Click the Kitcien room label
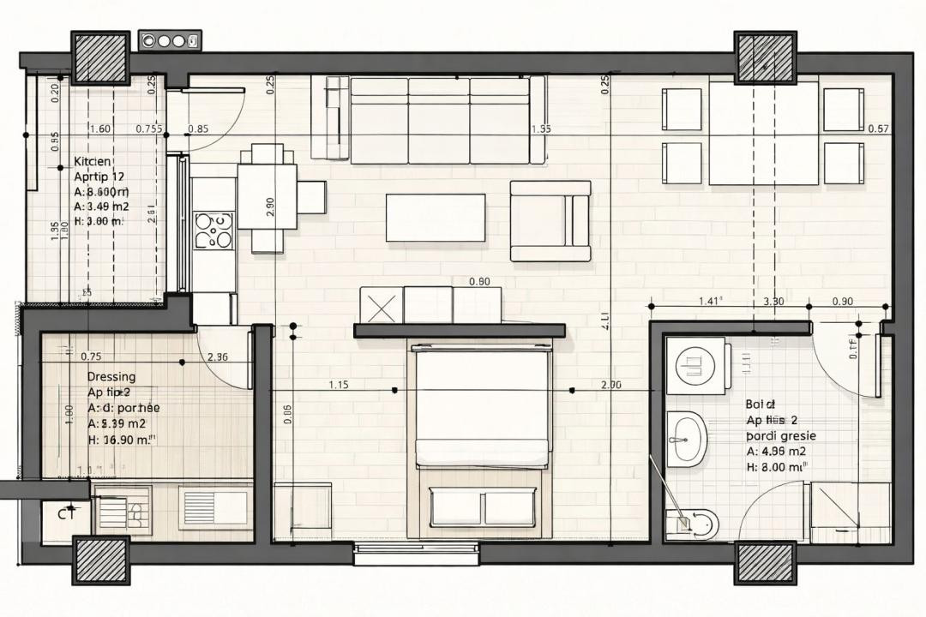click(x=93, y=161)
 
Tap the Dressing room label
click(x=111, y=376)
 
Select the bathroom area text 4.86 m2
click(x=776, y=452)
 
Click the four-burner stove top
click(x=213, y=231)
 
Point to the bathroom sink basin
click(x=685, y=438)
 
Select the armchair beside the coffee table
click(x=550, y=221)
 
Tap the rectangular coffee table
click(x=436, y=218)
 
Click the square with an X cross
click(x=381, y=304)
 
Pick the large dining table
click(x=764, y=133)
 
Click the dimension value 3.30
click(x=773, y=301)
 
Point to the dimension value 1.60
click(x=99, y=129)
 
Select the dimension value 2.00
click(x=611, y=385)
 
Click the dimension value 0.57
click(x=878, y=129)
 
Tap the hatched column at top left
click(x=99, y=57)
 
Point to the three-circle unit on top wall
click(x=170, y=40)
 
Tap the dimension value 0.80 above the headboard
click(x=480, y=281)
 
